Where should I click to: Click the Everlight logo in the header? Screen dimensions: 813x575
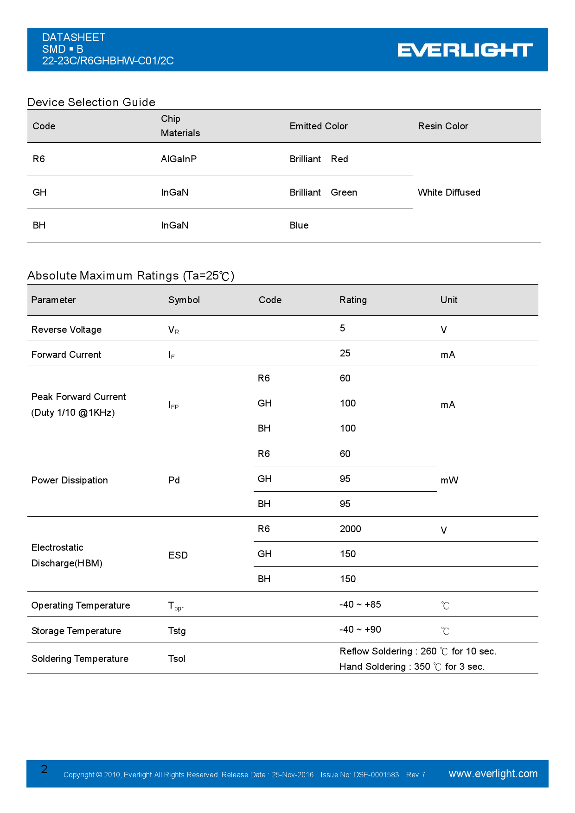(465, 50)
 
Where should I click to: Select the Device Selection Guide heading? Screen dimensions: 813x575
(91, 102)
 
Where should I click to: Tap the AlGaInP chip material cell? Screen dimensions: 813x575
(179, 159)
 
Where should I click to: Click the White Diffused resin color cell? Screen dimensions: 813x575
(449, 192)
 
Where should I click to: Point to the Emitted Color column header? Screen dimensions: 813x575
(319, 126)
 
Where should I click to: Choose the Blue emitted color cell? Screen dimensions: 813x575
(299, 225)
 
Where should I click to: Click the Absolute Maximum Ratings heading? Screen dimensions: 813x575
(131, 276)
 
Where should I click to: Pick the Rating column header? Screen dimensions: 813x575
(353, 300)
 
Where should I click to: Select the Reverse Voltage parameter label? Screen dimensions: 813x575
(66, 330)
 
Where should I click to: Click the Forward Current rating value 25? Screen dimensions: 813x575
(345, 353)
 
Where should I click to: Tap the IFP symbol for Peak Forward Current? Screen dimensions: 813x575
(173, 405)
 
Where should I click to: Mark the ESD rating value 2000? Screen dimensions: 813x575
(350, 529)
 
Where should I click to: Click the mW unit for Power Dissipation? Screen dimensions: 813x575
(449, 480)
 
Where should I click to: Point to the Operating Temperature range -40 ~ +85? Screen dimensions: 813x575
(360, 604)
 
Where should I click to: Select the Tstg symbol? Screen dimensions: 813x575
(177, 631)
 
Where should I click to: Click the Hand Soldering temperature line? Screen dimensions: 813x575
(412, 667)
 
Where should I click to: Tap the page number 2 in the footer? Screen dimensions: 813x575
(44, 769)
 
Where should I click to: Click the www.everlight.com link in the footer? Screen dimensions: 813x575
(493, 774)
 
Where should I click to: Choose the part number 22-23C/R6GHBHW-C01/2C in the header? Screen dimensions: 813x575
(108, 61)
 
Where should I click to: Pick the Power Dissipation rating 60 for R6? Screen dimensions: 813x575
(345, 454)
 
